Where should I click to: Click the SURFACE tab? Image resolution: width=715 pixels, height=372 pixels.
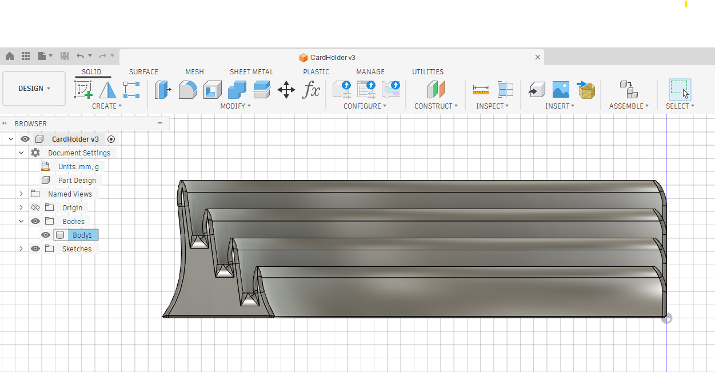click(x=143, y=72)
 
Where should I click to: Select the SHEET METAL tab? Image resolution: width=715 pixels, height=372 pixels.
click(x=251, y=72)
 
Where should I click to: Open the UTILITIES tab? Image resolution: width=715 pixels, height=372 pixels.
click(x=428, y=72)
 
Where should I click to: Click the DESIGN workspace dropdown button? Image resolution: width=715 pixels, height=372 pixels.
click(x=34, y=89)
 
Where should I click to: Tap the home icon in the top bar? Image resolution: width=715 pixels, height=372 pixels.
click(x=10, y=56)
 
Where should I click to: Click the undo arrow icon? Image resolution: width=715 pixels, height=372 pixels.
click(x=80, y=56)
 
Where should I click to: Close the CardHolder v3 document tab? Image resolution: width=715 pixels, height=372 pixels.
click(x=537, y=57)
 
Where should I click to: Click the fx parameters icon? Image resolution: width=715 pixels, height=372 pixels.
click(x=311, y=90)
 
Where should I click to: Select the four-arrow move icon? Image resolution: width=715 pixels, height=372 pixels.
click(x=286, y=90)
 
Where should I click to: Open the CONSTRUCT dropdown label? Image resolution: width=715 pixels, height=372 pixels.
click(x=436, y=106)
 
